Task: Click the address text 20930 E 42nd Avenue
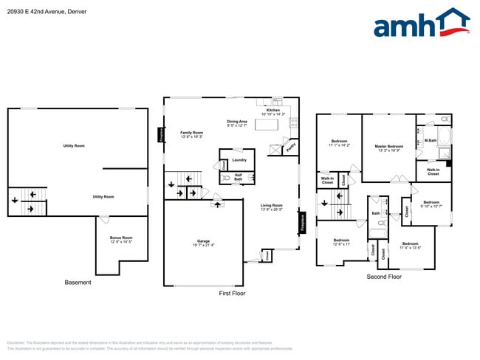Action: click(37, 11)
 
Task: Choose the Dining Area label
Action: click(237, 122)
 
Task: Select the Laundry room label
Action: click(239, 159)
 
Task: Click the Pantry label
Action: click(291, 148)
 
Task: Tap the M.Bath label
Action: click(430, 140)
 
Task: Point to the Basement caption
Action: click(78, 283)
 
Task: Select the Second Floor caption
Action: click(384, 277)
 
